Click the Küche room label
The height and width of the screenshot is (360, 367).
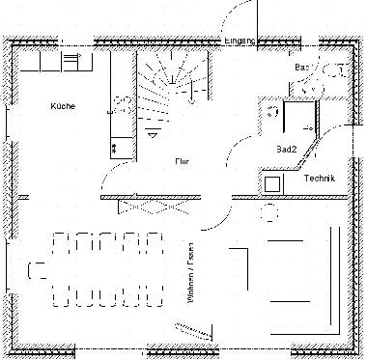[63, 106]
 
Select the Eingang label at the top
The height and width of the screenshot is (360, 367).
[239, 42]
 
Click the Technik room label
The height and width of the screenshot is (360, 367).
[319, 180]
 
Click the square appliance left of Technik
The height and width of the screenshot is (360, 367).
[272, 181]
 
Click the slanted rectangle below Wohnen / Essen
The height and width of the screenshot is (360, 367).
[194, 331]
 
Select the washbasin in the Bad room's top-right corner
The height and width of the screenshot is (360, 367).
[337, 69]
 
